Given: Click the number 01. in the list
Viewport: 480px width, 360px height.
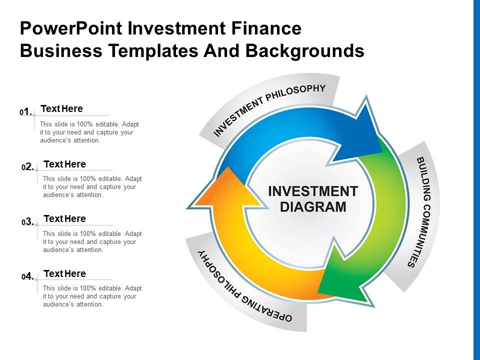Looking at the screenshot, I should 26,112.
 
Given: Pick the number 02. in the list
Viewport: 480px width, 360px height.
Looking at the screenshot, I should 28,167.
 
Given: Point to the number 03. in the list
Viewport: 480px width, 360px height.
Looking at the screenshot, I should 28,222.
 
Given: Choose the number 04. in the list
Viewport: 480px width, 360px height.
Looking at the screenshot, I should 28,277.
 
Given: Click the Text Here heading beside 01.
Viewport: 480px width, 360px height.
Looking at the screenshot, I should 61,108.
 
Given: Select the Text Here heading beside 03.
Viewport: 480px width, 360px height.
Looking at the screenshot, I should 65,218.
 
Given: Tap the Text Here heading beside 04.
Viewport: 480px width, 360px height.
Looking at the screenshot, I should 65,273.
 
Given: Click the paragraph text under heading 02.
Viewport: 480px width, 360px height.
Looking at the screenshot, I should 92,187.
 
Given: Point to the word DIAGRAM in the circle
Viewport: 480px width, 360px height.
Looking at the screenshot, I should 313,206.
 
